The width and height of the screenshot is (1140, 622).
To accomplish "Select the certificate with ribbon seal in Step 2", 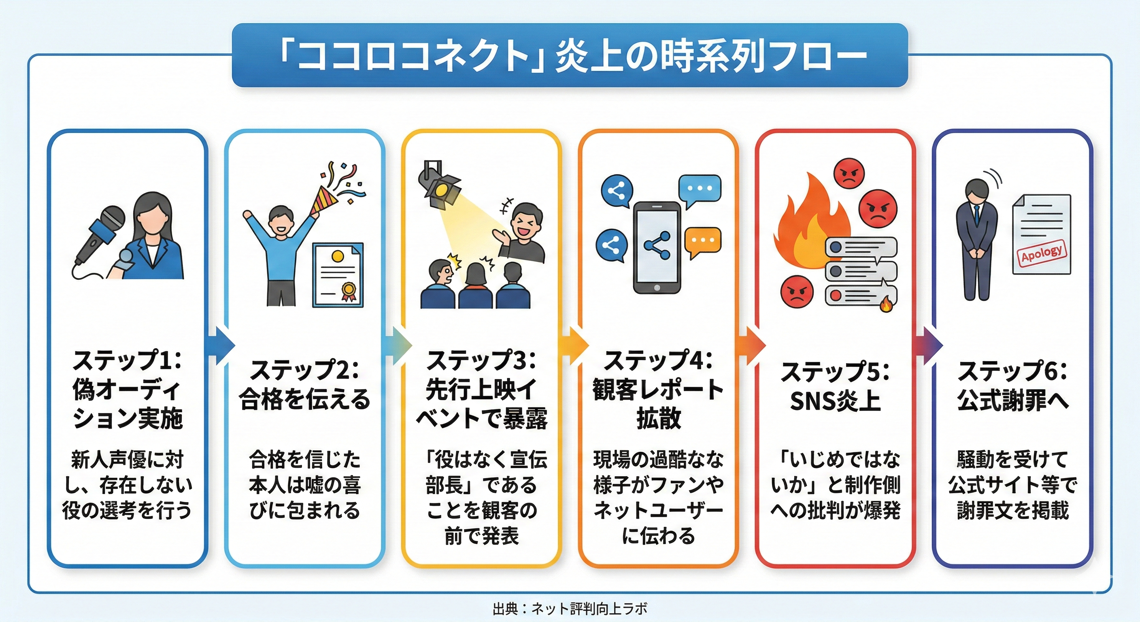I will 338,275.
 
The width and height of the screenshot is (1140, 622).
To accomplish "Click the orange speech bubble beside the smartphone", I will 702,242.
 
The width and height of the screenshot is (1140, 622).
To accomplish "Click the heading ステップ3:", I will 481,361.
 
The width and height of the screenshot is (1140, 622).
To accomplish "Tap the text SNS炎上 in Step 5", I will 835,400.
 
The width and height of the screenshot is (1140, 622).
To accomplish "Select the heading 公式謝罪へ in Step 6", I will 1012,400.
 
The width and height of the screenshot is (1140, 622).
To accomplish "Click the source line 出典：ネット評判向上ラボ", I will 570,608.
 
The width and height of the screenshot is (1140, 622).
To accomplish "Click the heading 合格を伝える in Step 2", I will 304,399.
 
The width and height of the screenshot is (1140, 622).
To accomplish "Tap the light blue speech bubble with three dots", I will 700,190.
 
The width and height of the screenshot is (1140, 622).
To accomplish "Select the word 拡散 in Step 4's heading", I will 658,418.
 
